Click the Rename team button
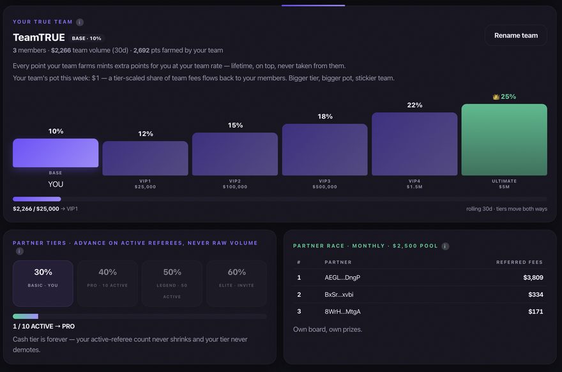(x=516, y=36)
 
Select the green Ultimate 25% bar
(x=504, y=140)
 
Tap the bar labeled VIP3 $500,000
(x=324, y=150)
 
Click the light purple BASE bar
(x=56, y=153)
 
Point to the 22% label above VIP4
(x=414, y=105)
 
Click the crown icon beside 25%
(x=496, y=97)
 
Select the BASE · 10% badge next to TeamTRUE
(x=86, y=38)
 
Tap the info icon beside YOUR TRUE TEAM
(x=80, y=22)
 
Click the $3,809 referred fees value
(x=533, y=278)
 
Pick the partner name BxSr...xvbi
(x=338, y=295)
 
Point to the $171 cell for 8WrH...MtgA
(x=535, y=311)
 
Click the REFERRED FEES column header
(x=519, y=262)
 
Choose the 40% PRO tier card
(x=107, y=283)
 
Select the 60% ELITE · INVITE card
(x=236, y=283)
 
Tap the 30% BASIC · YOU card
(x=43, y=283)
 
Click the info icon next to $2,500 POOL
(x=445, y=246)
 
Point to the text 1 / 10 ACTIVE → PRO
(x=43, y=326)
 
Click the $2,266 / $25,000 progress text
(x=36, y=209)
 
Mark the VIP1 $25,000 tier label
(x=145, y=184)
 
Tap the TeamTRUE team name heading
(x=39, y=38)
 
